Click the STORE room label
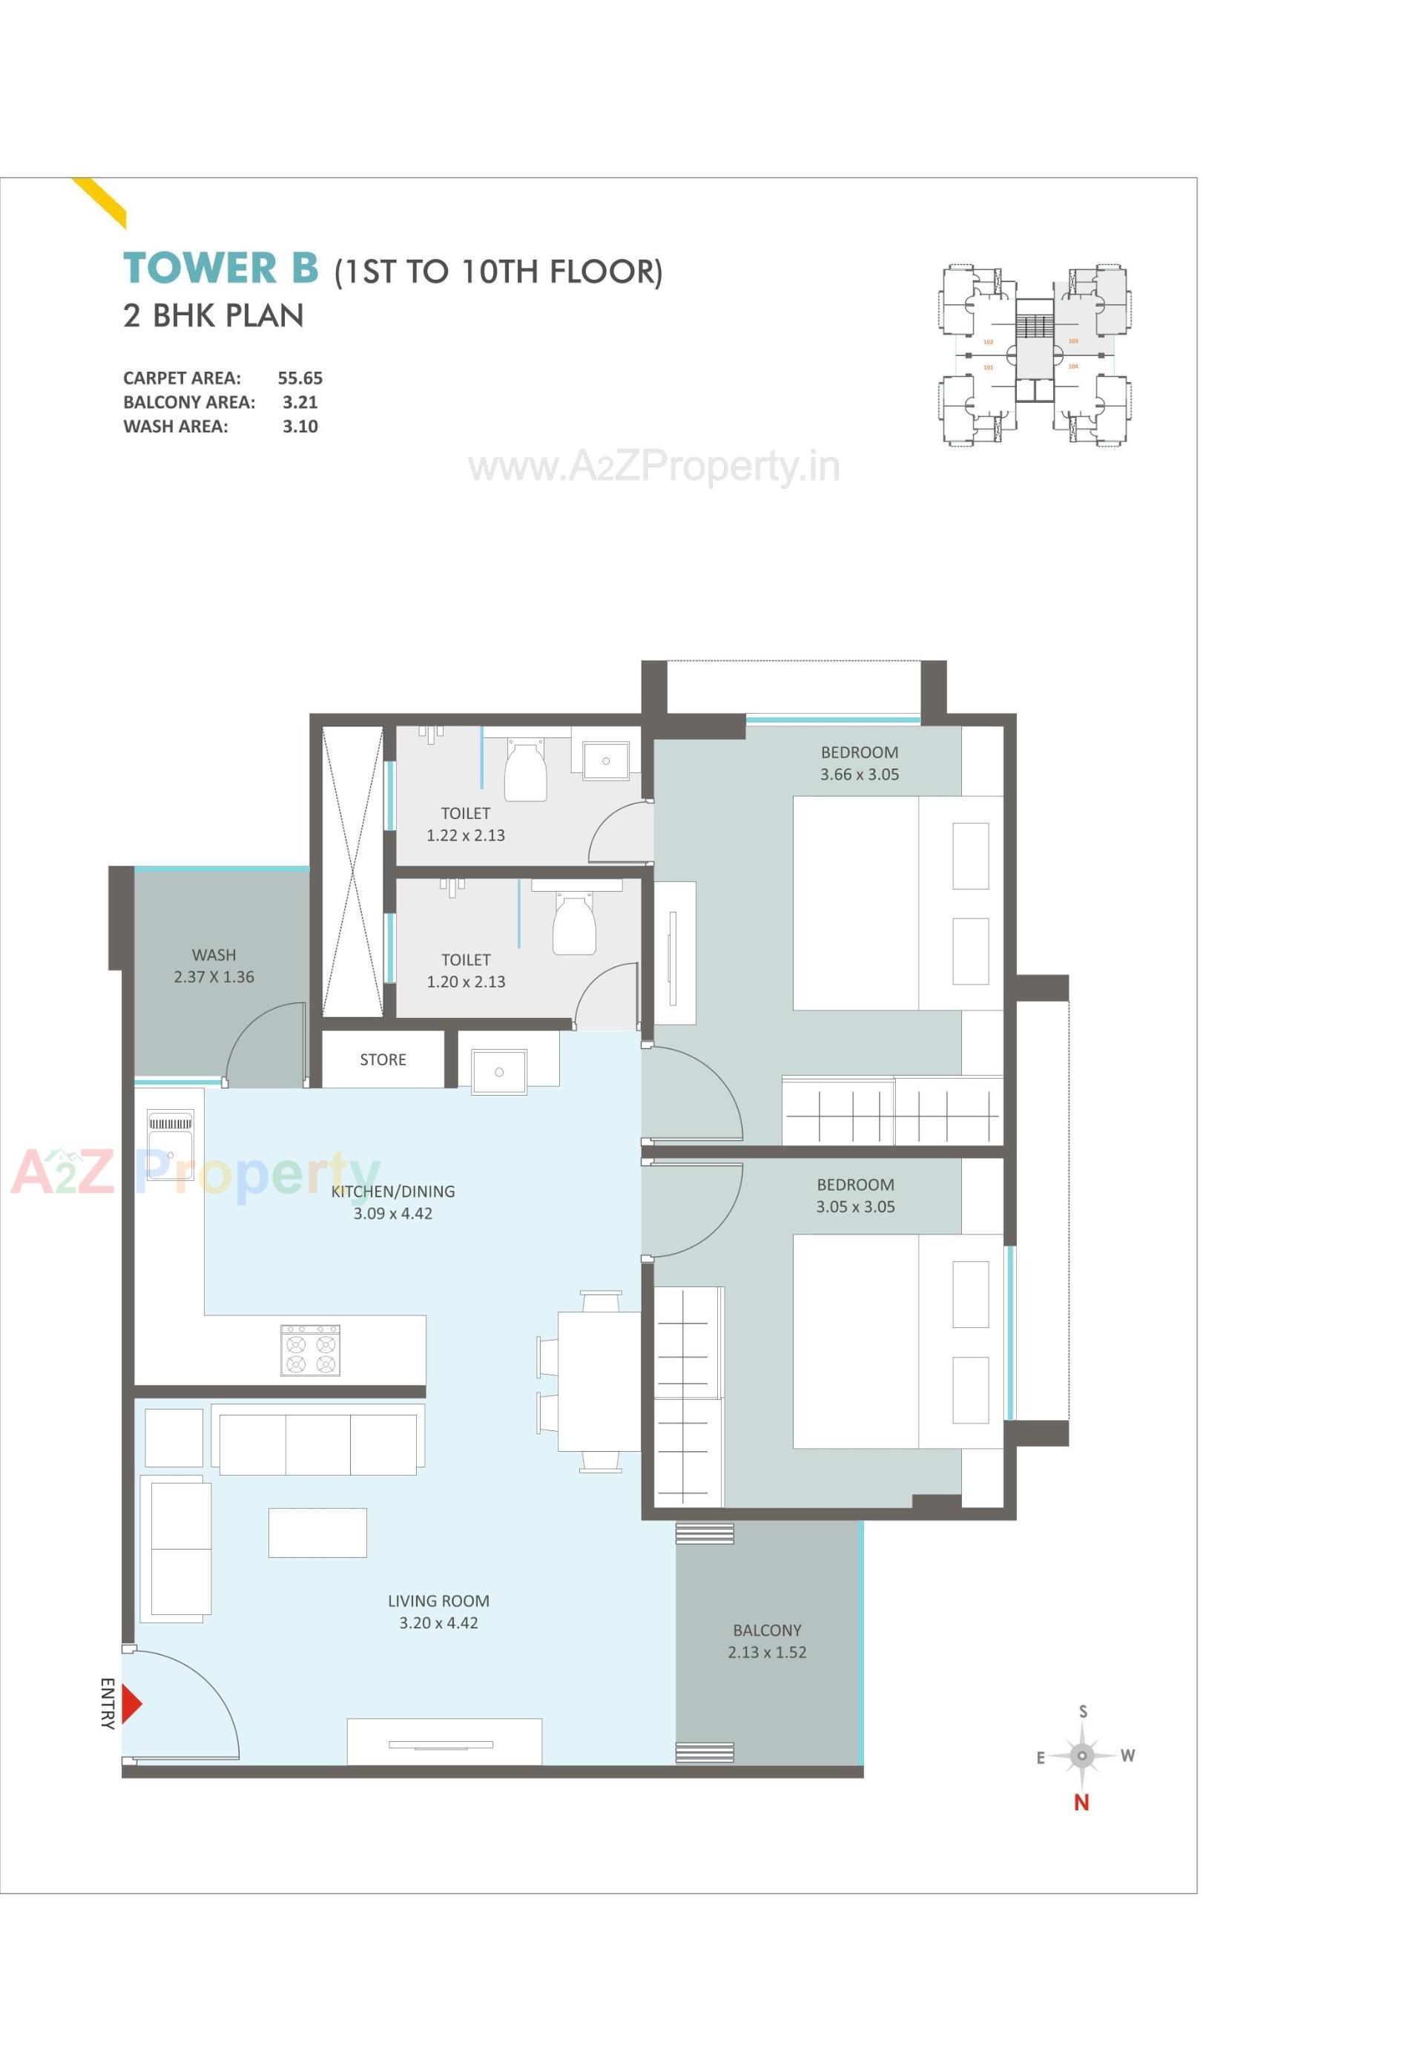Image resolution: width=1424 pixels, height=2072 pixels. pyautogui.click(x=383, y=1059)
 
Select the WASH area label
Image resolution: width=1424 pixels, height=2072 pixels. pyautogui.click(x=214, y=955)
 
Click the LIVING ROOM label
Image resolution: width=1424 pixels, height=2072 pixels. pyautogui.click(x=438, y=1601)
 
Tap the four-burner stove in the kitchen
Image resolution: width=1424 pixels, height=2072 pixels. pyautogui.click(x=311, y=1350)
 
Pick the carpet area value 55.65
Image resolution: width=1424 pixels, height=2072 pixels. pyautogui.click(x=300, y=378)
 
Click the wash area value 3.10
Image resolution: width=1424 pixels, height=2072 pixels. pyautogui.click(x=300, y=427)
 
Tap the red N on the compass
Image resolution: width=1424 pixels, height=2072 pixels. pyautogui.click(x=1081, y=1803)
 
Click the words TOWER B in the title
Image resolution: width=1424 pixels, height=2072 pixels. pyautogui.click(x=220, y=268)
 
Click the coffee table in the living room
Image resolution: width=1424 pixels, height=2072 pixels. pyautogui.click(x=317, y=1533)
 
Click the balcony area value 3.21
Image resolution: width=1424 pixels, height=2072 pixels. pyautogui.click(x=300, y=402)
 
